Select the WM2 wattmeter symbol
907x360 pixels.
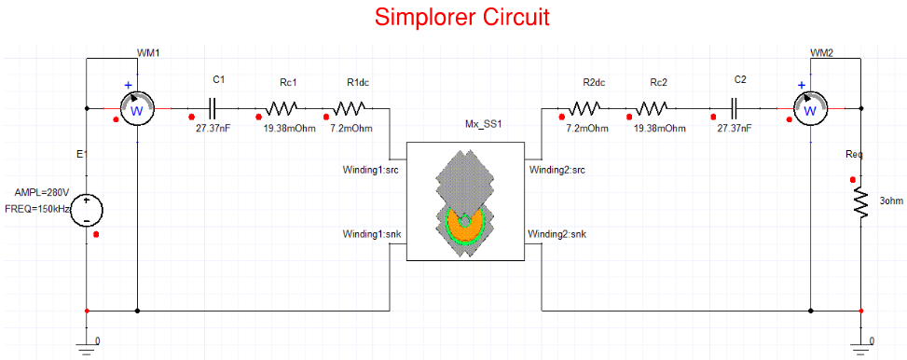point(810,109)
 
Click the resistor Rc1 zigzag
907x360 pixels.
point(283,109)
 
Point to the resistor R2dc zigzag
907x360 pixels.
point(584,109)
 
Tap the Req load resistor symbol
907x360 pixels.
point(859,202)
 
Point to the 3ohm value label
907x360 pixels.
point(891,201)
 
